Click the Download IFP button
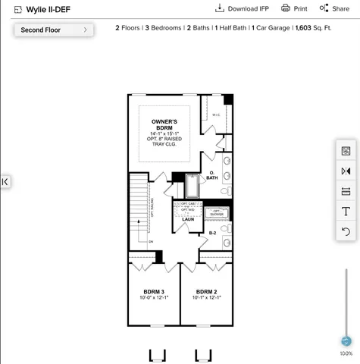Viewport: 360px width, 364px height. coord(242,8)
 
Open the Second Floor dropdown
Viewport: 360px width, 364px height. coord(53,30)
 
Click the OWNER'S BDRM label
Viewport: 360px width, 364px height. coord(164,124)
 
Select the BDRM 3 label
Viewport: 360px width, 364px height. coord(154,292)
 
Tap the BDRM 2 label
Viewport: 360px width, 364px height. coord(206,292)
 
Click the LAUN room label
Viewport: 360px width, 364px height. coord(187,219)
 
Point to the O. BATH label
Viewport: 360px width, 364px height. coord(212,176)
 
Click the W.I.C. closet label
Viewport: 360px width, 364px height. coord(216,115)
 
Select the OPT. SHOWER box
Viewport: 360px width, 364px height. coord(216,212)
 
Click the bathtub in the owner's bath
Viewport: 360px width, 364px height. coord(192,186)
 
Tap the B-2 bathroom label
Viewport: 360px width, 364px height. coord(213,234)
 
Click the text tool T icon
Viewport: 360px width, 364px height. coord(346,211)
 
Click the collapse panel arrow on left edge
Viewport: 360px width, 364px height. coord(5,181)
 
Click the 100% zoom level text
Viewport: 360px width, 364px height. coord(346,353)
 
